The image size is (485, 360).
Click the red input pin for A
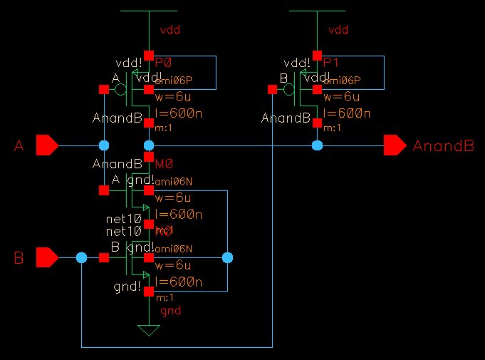click(x=47, y=145)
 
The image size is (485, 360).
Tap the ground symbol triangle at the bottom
click(x=149, y=331)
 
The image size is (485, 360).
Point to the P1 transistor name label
click(x=331, y=63)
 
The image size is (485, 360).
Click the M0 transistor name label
click(x=163, y=165)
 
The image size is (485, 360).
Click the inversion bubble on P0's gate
click(x=120, y=90)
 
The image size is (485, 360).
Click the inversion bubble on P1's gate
click(x=288, y=90)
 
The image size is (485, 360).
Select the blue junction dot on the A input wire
click(x=104, y=145)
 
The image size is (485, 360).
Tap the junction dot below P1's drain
click(x=317, y=145)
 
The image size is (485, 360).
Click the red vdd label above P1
click(x=338, y=31)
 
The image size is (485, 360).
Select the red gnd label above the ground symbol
click(x=171, y=312)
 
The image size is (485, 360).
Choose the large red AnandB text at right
click(x=443, y=146)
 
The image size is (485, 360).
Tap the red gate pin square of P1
click(x=271, y=90)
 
